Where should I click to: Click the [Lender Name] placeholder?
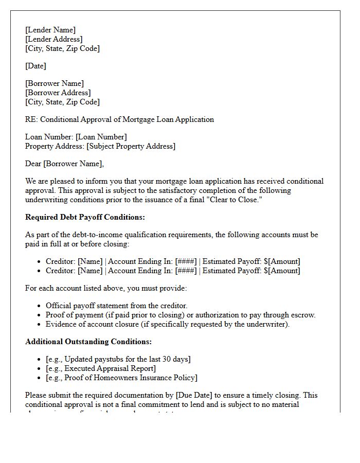(50, 30)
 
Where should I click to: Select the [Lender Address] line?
(54, 39)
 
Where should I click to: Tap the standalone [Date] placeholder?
(35, 66)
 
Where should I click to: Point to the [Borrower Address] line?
(58, 93)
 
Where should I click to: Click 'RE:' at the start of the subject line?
(31, 119)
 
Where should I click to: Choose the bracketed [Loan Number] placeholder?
(101, 137)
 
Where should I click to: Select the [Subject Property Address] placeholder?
(131, 146)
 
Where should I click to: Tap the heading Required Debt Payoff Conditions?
(85, 217)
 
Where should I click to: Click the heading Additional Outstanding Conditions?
(88, 342)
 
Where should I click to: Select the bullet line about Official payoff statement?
(116, 306)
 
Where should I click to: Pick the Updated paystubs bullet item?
(118, 359)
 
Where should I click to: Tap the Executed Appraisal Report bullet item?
(101, 368)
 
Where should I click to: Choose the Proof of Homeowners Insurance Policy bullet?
(121, 378)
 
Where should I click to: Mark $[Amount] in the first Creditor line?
(282, 261)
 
